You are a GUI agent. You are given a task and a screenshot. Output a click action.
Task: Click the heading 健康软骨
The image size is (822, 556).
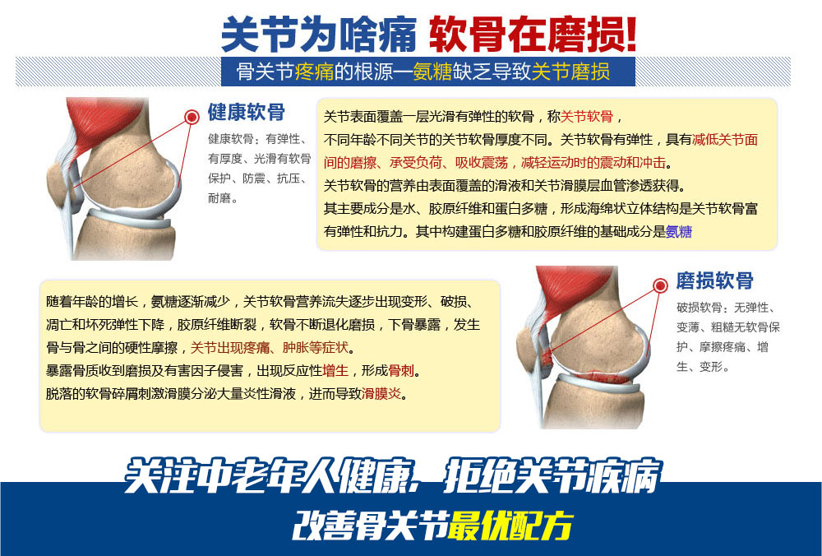point(247,112)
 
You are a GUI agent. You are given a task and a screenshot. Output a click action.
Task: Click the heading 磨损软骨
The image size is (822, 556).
point(714,280)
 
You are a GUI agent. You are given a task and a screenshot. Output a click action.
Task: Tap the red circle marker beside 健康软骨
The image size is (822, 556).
point(192,116)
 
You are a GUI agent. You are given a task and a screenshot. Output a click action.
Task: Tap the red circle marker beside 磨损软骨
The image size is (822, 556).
point(661,285)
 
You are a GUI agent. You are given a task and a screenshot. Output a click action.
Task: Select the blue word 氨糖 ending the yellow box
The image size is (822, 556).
point(678,231)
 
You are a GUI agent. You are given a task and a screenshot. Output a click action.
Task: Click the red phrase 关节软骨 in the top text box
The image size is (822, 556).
point(587,117)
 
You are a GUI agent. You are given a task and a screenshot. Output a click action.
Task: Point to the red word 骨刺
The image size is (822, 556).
point(401,371)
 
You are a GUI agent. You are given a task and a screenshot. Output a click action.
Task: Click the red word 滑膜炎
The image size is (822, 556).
point(381,394)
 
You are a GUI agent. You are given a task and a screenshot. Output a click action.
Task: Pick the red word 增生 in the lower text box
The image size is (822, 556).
point(335,371)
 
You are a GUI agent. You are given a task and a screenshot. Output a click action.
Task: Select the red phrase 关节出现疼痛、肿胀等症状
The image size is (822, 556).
point(270,348)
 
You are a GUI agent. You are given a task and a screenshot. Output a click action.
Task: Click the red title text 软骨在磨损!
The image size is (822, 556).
point(533,35)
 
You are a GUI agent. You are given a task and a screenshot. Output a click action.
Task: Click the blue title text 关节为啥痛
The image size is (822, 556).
point(319,35)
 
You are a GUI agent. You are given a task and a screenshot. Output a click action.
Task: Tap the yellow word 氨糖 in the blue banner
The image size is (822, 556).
point(432,72)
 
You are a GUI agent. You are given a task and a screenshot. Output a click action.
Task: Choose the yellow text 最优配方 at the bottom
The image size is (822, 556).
point(510,525)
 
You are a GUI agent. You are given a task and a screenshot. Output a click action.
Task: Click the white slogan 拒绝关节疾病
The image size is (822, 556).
point(552,477)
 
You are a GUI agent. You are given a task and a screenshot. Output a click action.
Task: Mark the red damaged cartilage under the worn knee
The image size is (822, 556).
point(602,378)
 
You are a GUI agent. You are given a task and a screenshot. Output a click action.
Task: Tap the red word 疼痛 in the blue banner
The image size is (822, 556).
point(314,72)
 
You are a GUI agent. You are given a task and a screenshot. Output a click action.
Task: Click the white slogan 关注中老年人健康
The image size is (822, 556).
point(270,477)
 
